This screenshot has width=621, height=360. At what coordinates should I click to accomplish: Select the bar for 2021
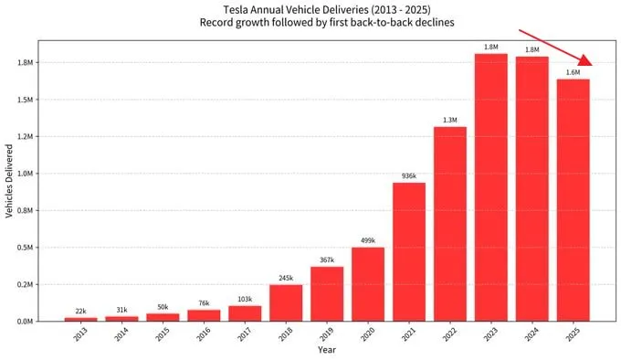pos(409,251)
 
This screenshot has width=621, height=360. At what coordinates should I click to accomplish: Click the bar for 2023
pos(490,187)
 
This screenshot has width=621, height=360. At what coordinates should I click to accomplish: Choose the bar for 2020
pos(368,283)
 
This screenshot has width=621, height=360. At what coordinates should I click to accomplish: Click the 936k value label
pos(409,175)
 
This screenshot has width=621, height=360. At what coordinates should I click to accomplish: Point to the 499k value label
pos(368,240)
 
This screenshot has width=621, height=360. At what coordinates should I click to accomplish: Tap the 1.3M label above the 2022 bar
pos(450,120)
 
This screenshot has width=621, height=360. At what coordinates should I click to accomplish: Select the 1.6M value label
pos(573,72)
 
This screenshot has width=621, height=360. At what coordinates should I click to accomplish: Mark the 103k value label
pos(245,299)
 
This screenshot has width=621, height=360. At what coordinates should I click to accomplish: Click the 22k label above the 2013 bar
pos(79,311)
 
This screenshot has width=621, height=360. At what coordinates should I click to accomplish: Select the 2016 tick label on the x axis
pos(204,334)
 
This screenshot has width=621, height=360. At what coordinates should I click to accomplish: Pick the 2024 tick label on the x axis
pos(532,334)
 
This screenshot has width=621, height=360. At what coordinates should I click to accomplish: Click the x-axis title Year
pos(326,350)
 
